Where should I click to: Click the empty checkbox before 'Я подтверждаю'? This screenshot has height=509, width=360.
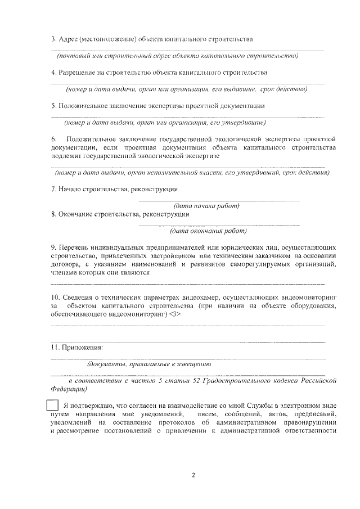[x=52, y=405]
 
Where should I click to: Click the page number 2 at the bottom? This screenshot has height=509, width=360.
[x=193, y=475]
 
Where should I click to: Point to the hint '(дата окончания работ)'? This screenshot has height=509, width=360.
[x=208, y=231]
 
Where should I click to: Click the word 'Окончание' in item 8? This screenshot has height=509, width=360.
[x=76, y=214]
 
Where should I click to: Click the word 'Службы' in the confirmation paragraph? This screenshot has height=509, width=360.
[x=250, y=405]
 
